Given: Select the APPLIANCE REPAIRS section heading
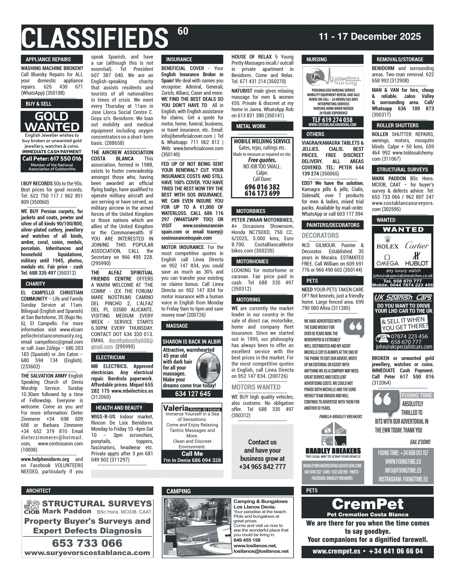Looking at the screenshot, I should (48, 59).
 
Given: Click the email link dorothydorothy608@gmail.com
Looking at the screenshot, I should (122, 344).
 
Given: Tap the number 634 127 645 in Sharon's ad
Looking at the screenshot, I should (193, 394).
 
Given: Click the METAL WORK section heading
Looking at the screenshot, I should (251, 126).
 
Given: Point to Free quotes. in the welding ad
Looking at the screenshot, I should (262, 160).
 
